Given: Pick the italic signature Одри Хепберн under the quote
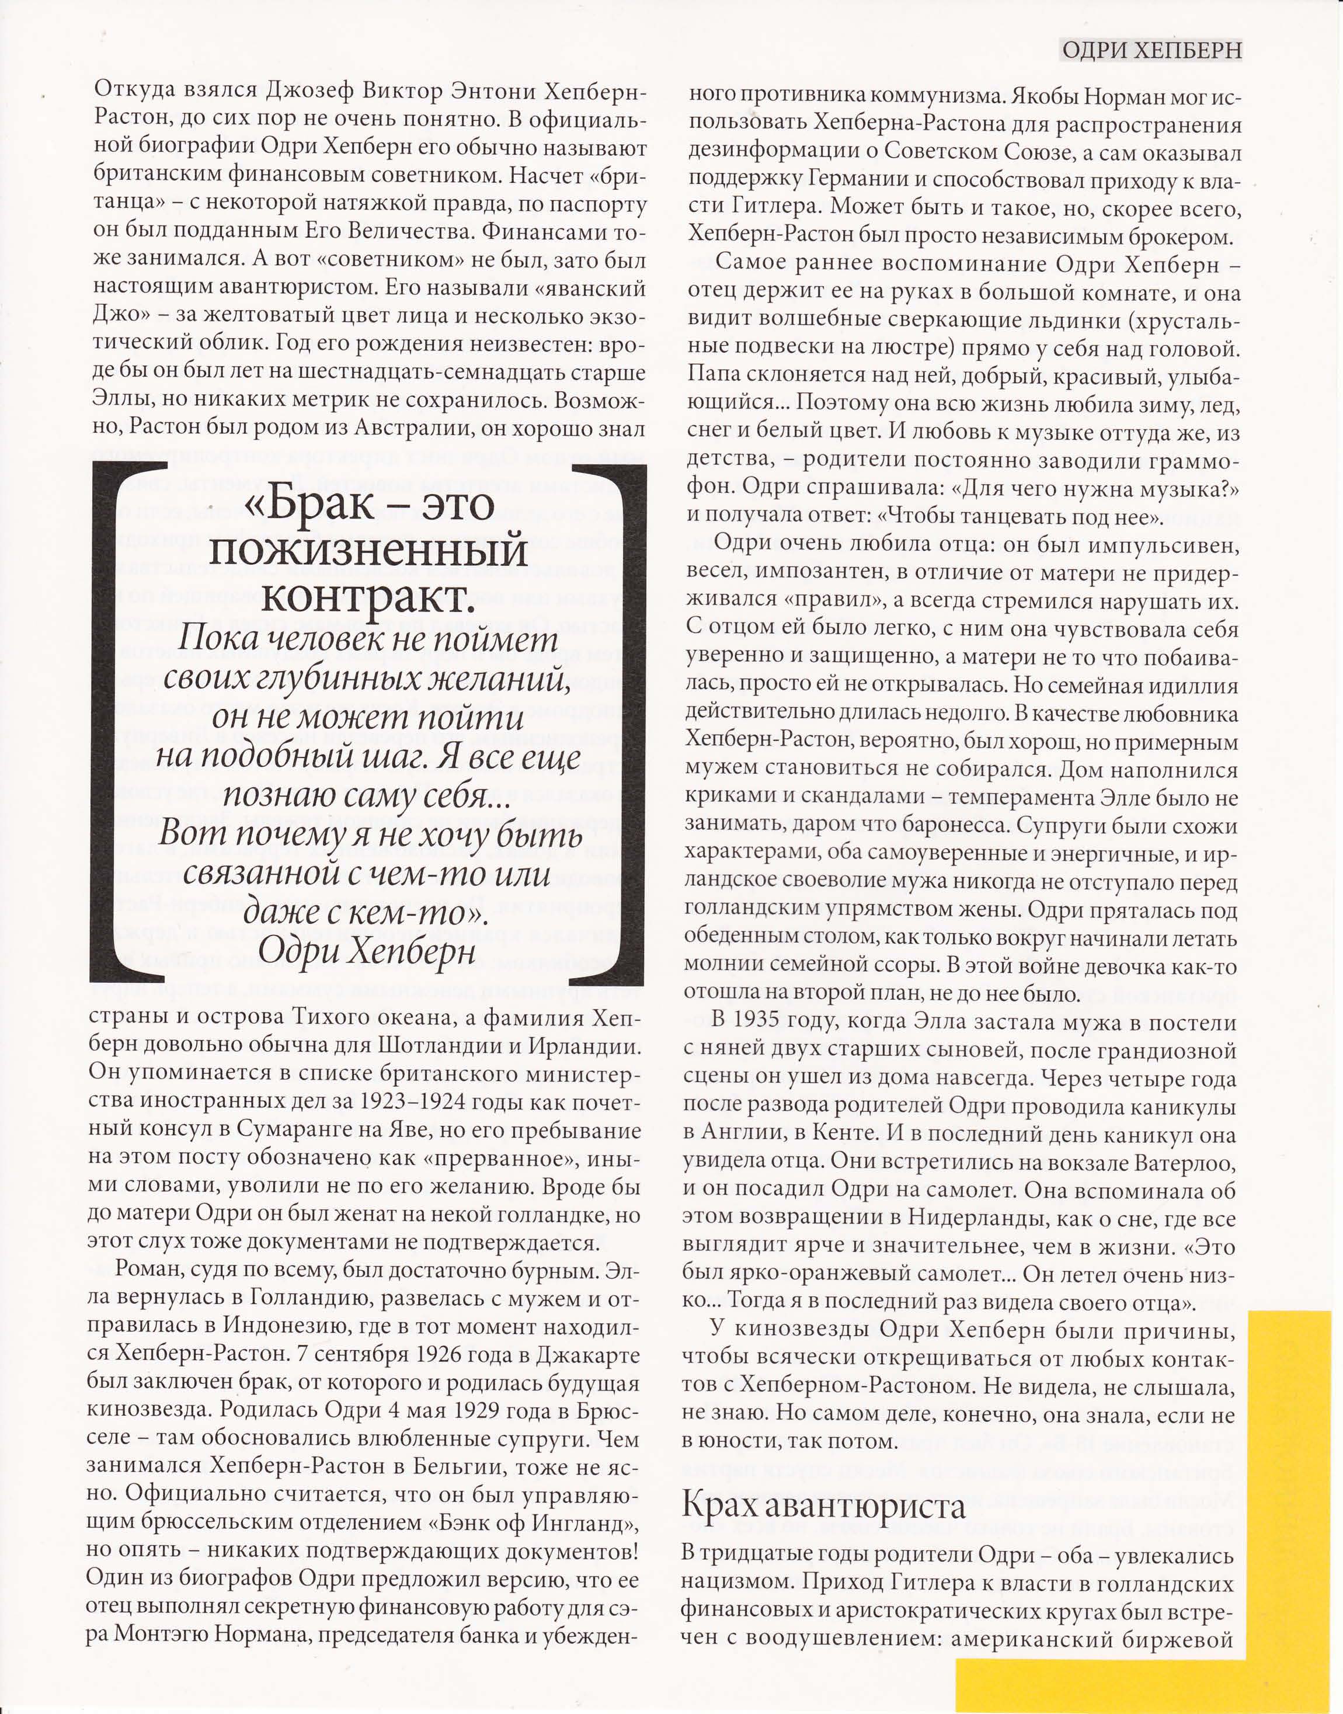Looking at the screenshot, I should pyautogui.click(x=367, y=951).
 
